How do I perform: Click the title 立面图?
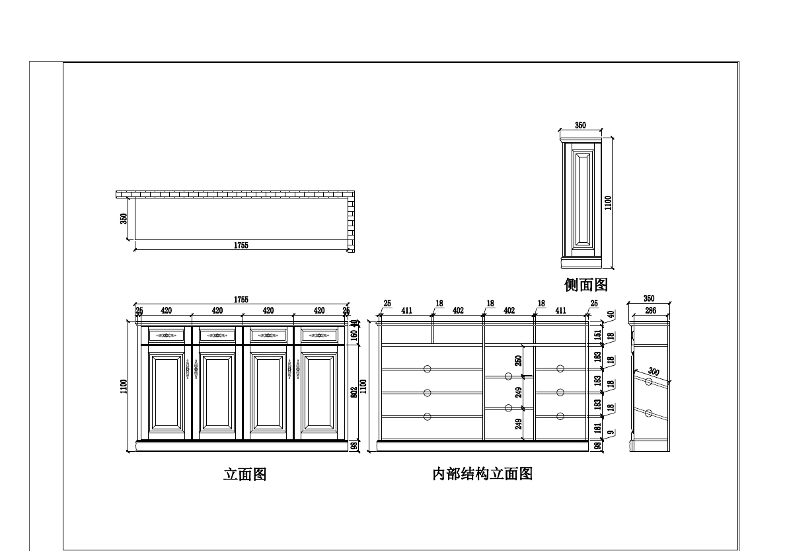point(244,474)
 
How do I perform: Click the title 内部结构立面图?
point(482,474)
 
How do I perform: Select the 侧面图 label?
point(585,285)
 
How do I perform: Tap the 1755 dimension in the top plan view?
point(241,245)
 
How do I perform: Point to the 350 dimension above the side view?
point(580,125)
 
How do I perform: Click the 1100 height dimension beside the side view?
point(609,202)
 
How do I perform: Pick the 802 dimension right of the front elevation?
point(354,392)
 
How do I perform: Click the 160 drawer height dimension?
point(354,335)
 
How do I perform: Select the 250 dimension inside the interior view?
point(519,361)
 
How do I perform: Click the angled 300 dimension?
point(654,372)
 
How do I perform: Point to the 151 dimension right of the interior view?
point(597,335)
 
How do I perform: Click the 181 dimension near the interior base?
point(597,429)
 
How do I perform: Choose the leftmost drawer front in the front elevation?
point(167,335)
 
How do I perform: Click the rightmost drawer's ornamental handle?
point(320,335)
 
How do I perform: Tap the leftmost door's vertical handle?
point(188,369)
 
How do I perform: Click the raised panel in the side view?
point(583,199)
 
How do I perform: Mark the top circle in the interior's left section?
point(427,368)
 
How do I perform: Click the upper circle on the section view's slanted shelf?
point(648,382)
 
